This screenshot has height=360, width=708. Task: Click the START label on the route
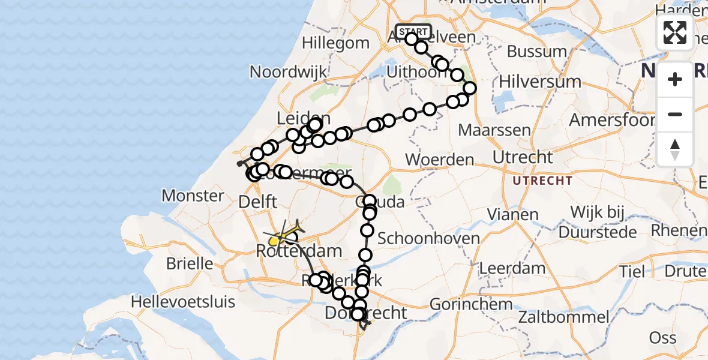point(413,31)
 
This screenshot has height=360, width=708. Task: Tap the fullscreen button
point(675,32)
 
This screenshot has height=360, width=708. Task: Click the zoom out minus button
point(675,114)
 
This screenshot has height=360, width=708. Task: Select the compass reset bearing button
point(675,149)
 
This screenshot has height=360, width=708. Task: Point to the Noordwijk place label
point(289,73)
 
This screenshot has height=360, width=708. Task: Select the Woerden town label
point(440,160)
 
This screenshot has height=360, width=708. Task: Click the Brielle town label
point(190,263)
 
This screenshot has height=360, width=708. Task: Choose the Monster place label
point(193,196)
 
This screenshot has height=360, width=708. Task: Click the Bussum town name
point(537,52)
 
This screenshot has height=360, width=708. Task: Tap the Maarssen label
point(494,130)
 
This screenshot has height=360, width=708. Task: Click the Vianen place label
point(512,214)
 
